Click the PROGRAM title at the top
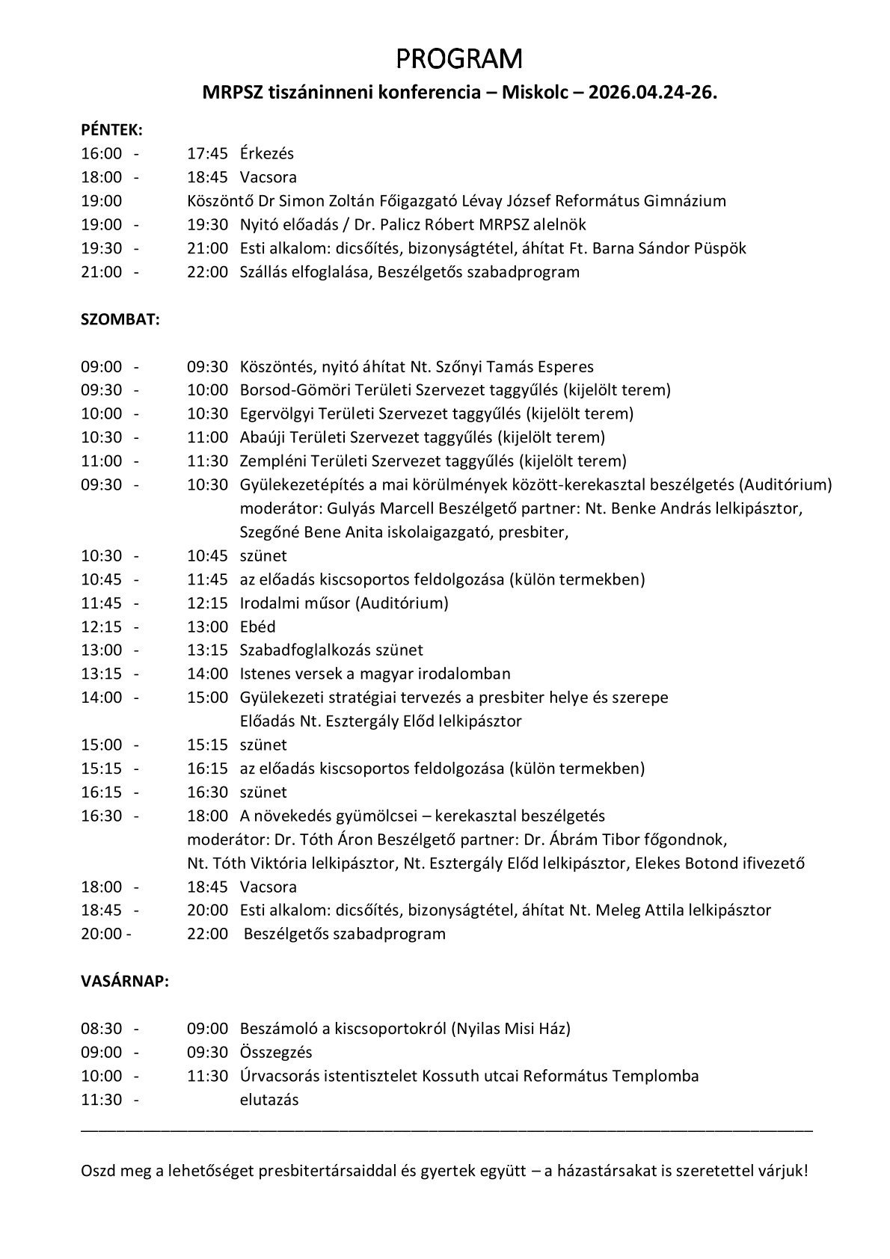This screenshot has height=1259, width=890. coord(459,58)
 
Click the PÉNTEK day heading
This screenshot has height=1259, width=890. coord(111,129)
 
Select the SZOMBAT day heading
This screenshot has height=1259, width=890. coord(120,318)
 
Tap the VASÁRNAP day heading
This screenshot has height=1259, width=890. coord(125,981)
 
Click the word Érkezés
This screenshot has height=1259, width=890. coord(267,153)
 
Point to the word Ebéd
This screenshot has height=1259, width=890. coord(257,627)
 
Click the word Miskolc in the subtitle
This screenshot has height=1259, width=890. coord(535,93)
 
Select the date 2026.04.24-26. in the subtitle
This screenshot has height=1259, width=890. coord(652,93)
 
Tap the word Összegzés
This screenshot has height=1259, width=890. coord(275,1052)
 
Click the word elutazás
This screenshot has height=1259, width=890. coord(268,1100)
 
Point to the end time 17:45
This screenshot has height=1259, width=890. coord(207,153)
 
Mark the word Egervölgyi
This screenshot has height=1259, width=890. coord(274,413)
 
